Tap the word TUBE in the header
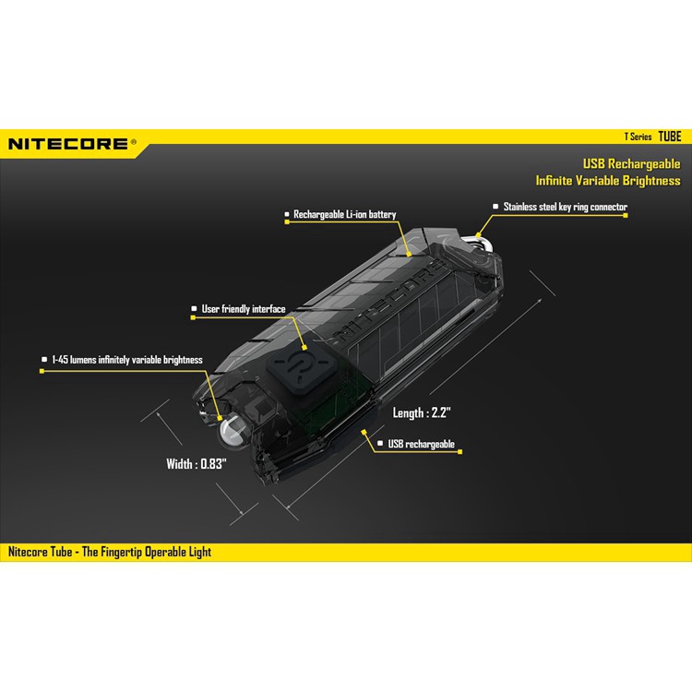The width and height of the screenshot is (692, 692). tap(670, 137)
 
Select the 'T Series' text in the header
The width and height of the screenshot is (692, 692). tap(637, 137)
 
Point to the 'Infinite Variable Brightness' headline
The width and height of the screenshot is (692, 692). tap(608, 181)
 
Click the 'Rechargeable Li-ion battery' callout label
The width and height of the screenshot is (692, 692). tap(345, 215)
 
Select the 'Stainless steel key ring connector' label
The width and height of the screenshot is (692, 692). tap(566, 208)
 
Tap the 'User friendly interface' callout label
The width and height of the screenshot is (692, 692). tap(244, 309)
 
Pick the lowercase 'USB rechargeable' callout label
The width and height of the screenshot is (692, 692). tap(423, 445)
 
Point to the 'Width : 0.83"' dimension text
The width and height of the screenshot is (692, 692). tap(197, 464)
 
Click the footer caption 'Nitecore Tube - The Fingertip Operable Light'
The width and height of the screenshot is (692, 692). tap(111, 552)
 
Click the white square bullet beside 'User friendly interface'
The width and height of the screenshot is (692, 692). tap(194, 309)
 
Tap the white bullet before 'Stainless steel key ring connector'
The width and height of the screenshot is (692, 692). tap(495, 208)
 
